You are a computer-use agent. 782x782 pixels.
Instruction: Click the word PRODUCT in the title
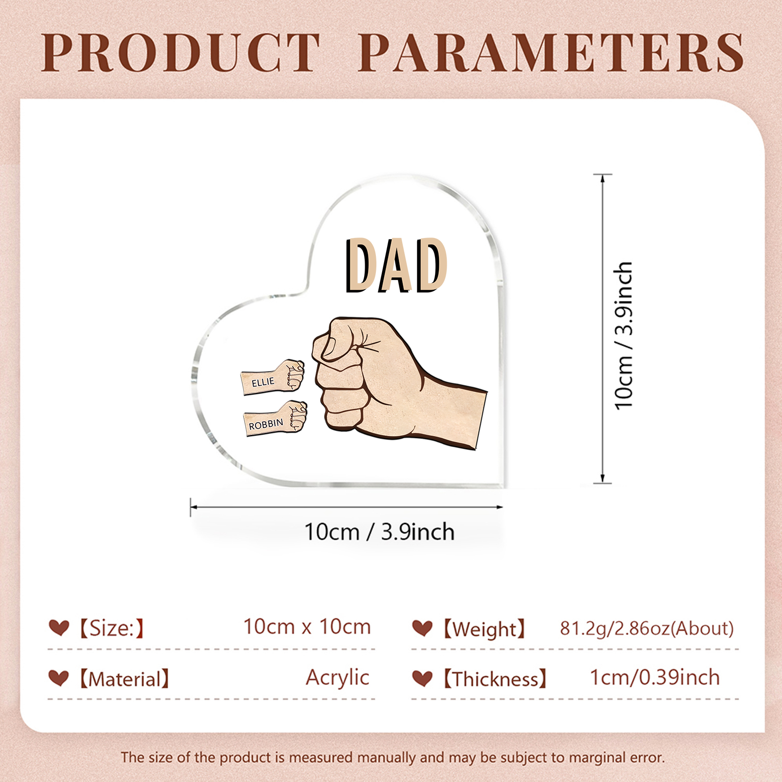coord(181,53)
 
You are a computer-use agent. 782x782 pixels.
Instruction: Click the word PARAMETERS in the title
coord(551,53)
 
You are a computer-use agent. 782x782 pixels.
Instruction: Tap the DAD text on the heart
coord(396,265)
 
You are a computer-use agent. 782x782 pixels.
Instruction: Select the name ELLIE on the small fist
coord(263,382)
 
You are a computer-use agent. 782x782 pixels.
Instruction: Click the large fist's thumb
coord(337,342)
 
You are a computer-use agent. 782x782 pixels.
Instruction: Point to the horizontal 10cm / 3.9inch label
coord(379,532)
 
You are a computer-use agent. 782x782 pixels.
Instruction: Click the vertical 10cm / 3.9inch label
coord(624,335)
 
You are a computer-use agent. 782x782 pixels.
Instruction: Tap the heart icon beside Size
coord(59,628)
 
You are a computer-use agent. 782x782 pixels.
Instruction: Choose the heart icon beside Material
coord(59,678)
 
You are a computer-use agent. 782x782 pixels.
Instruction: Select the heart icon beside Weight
coord(422,628)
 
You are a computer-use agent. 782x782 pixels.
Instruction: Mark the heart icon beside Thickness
coord(422,678)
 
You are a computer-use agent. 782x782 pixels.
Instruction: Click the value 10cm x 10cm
coord(307,627)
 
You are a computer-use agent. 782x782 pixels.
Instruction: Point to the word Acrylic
coord(337,677)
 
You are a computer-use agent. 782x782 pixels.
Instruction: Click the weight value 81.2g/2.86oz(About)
coord(647,628)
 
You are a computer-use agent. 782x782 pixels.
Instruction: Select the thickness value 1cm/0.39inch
coord(654,677)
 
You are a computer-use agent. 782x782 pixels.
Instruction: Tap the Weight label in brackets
coord(484,629)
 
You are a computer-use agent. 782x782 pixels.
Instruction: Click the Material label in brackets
coord(124,679)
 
